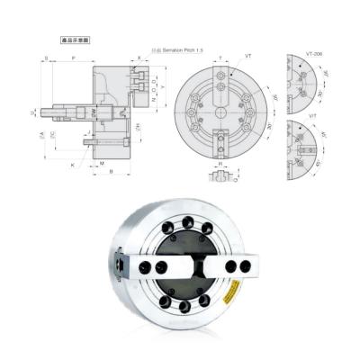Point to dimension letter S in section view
pos(46,57)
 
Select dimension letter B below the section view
pos(110,172)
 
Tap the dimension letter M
pos(102,163)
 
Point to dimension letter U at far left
pos(31,112)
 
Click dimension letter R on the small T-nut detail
pos(221,166)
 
